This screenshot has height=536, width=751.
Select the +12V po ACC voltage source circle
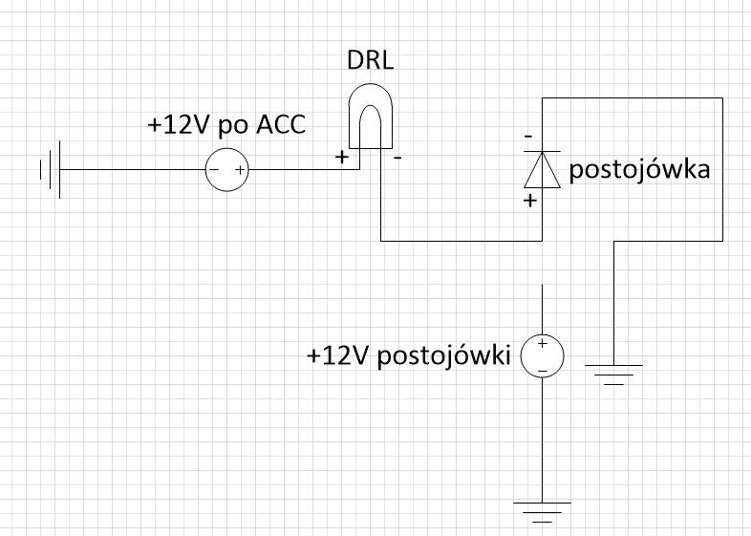[226, 170]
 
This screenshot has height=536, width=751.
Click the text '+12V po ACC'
[225, 125]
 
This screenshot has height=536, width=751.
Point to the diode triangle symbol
[543, 171]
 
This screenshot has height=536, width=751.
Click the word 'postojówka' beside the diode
[639, 171]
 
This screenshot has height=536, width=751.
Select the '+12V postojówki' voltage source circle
[542, 356]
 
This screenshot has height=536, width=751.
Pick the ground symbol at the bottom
[542, 510]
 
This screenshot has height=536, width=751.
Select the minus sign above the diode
[528, 137]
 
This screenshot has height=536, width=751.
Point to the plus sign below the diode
[528, 202]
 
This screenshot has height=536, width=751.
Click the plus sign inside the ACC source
[239, 170]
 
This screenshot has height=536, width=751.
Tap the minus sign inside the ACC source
[214, 170]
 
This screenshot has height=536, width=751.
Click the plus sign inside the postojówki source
[542, 344]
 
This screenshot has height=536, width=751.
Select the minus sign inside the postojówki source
[542, 370]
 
